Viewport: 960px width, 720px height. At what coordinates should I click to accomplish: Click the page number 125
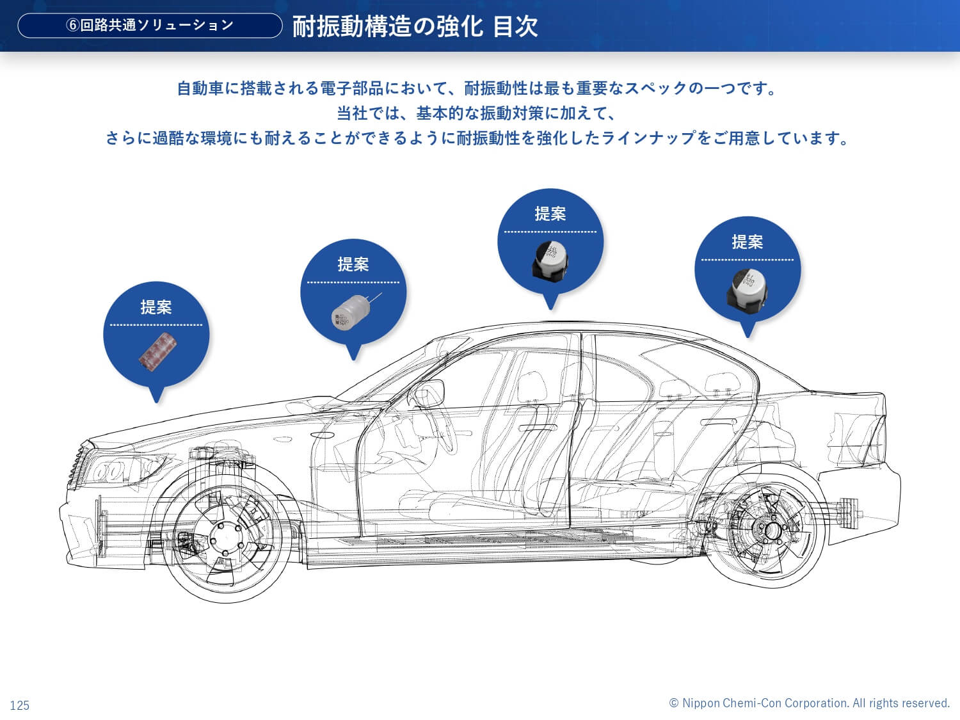(x=20, y=705)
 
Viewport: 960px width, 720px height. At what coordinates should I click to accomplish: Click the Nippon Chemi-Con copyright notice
(x=809, y=703)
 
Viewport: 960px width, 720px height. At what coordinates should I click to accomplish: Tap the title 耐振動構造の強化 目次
(x=415, y=27)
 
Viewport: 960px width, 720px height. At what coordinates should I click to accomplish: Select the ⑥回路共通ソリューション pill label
(x=150, y=26)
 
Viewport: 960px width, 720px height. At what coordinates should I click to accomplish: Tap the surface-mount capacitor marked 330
(x=747, y=288)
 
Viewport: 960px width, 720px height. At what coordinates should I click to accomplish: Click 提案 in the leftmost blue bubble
(x=156, y=307)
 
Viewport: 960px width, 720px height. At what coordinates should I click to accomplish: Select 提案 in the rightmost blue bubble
(x=747, y=242)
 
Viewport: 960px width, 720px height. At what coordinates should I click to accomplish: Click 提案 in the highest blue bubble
(x=550, y=214)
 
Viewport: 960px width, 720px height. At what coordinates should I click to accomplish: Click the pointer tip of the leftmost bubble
(x=157, y=401)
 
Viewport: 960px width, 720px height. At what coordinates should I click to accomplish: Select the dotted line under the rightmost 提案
(x=747, y=260)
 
